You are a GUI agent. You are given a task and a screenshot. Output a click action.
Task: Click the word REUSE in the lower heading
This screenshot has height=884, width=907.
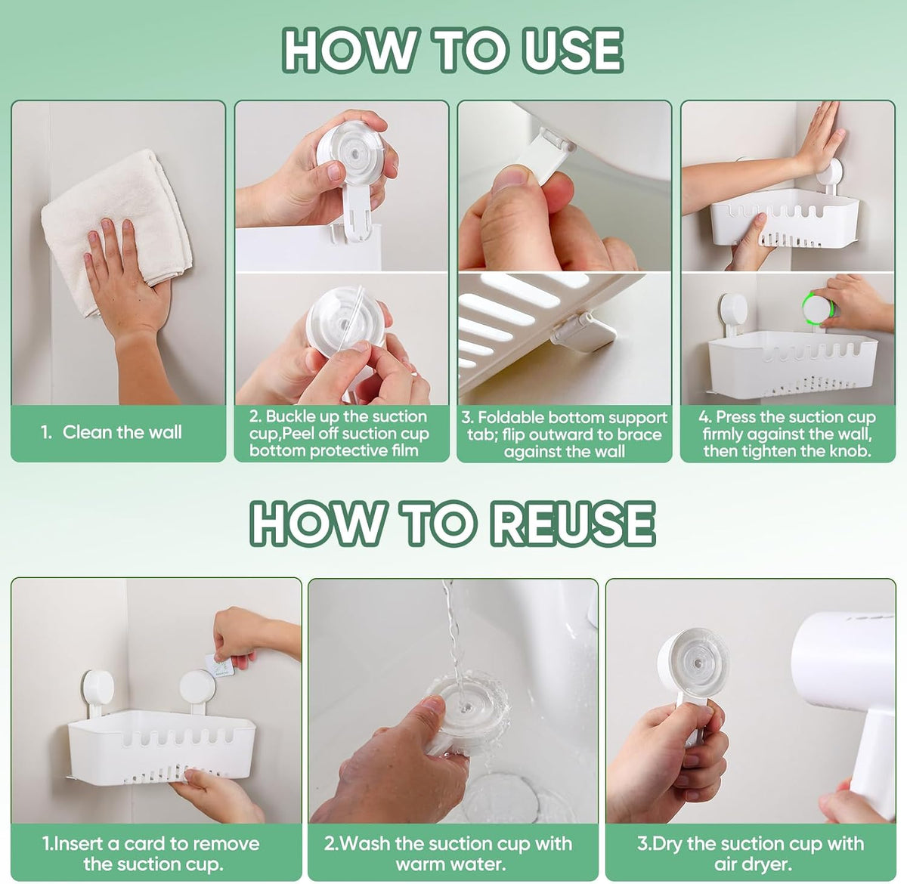click(573, 523)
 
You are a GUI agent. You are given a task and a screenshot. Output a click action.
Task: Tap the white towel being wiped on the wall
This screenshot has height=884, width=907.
click(116, 224)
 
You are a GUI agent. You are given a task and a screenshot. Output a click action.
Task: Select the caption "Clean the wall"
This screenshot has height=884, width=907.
click(122, 432)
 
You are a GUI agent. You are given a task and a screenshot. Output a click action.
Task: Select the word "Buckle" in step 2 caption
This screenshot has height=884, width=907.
click(293, 416)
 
